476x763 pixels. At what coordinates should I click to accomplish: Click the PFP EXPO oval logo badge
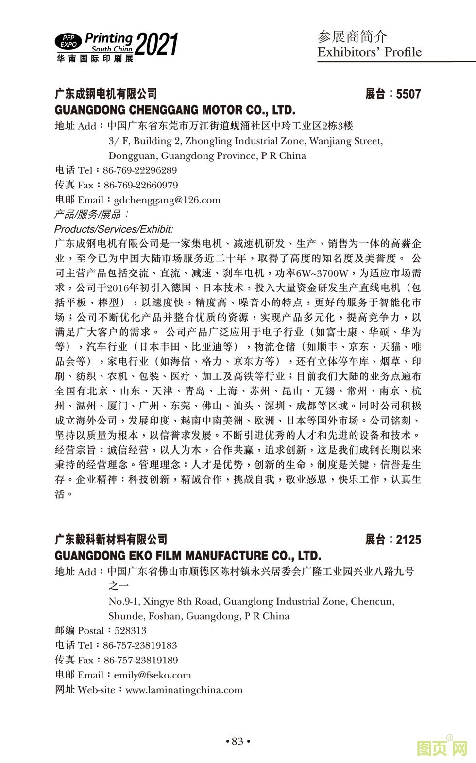coord(68,41)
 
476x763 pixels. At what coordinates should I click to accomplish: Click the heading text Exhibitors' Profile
coord(369,52)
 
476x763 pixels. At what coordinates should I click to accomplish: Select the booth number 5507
coord(408,94)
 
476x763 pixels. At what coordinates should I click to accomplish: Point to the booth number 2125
coord(408,539)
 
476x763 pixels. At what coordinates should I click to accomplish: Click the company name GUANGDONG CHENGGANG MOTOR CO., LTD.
coord(175,109)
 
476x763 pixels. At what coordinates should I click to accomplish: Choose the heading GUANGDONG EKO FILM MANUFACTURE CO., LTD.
coord(188,555)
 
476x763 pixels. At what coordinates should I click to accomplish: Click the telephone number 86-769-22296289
coord(140,170)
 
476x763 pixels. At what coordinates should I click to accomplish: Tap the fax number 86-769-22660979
coord(141,185)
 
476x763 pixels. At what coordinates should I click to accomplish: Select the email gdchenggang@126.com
coord(167,200)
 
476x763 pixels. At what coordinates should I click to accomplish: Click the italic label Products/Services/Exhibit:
coord(114,229)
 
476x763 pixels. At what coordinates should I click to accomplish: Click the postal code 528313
coord(130,631)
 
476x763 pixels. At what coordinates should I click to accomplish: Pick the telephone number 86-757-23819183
coord(140,645)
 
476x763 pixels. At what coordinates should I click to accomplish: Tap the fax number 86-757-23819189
coord(141,660)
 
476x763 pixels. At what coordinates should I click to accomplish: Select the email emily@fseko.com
coord(152,675)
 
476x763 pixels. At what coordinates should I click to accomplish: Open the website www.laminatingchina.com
coord(184,690)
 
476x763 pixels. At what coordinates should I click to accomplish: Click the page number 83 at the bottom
coord(238,741)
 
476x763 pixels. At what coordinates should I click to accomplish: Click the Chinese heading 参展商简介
coord(352,36)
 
